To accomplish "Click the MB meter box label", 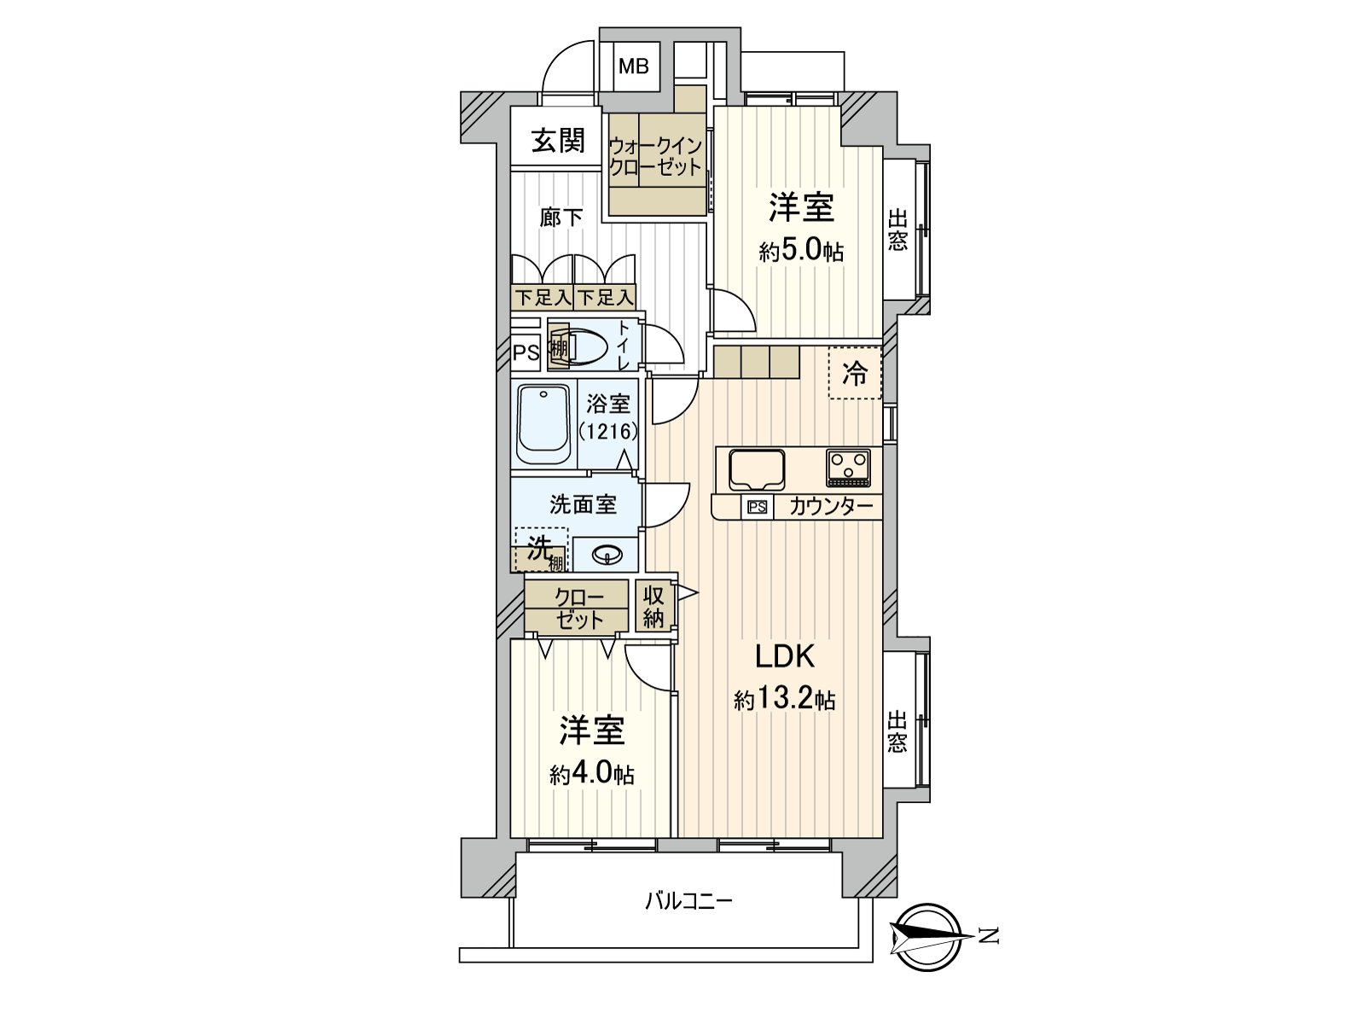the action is tap(633, 67).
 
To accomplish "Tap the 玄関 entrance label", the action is tap(558, 140).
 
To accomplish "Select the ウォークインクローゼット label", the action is tap(655, 157).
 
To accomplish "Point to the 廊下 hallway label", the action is tap(561, 218).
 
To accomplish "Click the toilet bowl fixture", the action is tap(586, 347).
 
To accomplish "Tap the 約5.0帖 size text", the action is tap(801, 253).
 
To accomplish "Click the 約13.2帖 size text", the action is tap(785, 700).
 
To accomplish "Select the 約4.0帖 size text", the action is tap(591, 775).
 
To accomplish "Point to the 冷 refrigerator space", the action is tap(855, 373).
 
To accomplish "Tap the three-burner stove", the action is tap(849, 468).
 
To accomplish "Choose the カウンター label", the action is tap(831, 508).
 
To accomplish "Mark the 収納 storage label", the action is tap(654, 606).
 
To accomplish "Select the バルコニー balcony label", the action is tap(689, 900).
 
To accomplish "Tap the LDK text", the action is tap(785, 656).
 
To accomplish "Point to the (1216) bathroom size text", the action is tap(608, 431).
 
